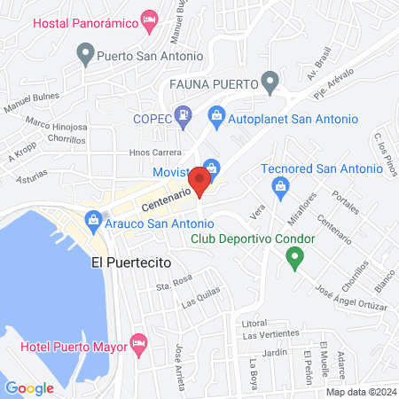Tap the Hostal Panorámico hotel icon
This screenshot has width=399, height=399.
(x=151, y=19)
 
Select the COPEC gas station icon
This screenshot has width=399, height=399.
(x=183, y=115)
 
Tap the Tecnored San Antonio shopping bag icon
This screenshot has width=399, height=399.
(x=281, y=185)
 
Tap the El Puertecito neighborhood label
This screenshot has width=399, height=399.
(x=130, y=262)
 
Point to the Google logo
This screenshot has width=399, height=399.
(x=30, y=387)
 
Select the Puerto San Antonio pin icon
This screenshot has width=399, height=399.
(x=86, y=56)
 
